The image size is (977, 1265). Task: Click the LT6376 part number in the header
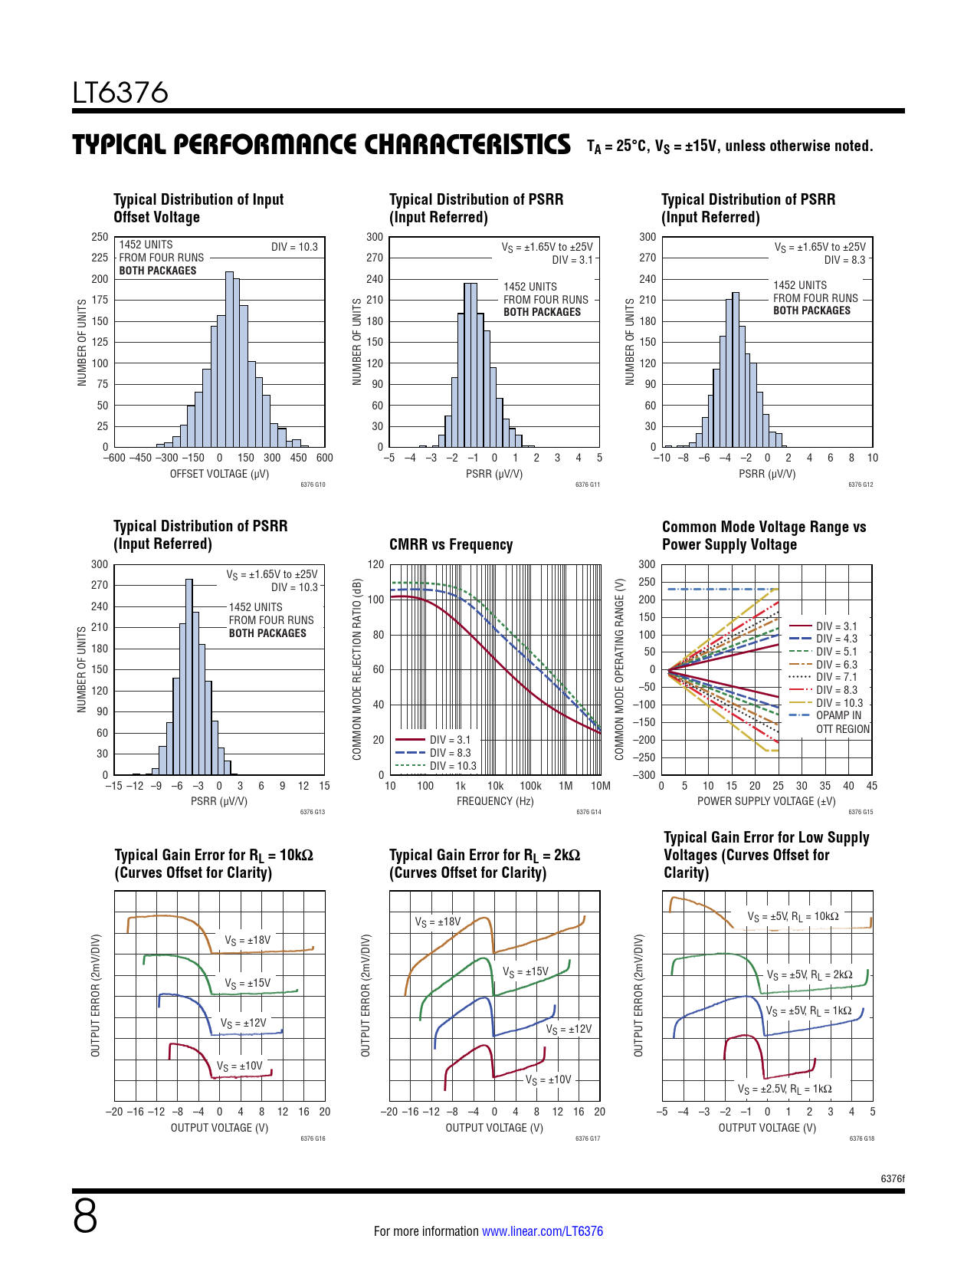120,93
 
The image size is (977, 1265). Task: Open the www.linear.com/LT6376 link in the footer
542,1231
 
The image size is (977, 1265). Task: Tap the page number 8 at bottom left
85,1216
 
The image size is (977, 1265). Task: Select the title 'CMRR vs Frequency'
451,544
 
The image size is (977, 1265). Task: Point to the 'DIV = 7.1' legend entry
836,677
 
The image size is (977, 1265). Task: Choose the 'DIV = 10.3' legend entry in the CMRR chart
452,766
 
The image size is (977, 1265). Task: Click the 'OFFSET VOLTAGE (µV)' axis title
219,474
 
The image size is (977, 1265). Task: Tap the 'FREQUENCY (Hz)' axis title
495,801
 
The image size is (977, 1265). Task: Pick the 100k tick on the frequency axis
530,786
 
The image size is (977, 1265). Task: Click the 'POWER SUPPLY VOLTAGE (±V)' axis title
766,801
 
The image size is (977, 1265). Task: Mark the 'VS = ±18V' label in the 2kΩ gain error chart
438,922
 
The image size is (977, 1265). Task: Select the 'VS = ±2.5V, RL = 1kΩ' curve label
784,1089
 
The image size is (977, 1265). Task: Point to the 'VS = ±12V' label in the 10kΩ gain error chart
243,1024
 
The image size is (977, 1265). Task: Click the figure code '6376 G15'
861,812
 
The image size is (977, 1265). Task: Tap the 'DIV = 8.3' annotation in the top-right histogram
844,260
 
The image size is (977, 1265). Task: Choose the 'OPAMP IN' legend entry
838,715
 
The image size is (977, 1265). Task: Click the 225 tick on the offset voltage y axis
100,258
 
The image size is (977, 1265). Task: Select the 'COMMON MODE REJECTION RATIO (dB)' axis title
357,669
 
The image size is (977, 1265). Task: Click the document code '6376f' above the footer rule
892,1178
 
